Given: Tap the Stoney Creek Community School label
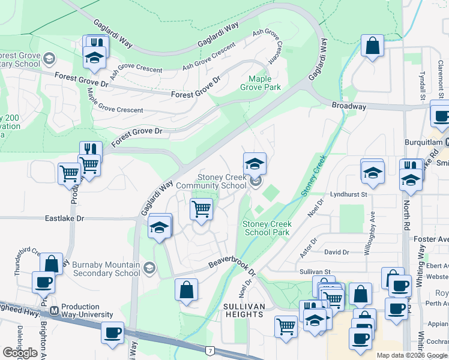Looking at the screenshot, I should tap(223, 181).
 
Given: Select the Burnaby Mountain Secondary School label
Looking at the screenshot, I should tap(106, 269).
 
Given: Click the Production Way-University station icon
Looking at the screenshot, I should tap(55, 311).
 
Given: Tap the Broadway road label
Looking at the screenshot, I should tap(348, 106).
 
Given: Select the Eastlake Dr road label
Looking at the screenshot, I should tap(62, 220).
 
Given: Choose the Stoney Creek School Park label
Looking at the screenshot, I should tap(266, 228).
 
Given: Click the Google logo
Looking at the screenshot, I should tap(20, 352).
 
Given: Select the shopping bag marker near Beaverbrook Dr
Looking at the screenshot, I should tap(186, 289).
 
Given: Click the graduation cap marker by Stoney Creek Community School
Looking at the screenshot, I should tap(255, 163).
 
